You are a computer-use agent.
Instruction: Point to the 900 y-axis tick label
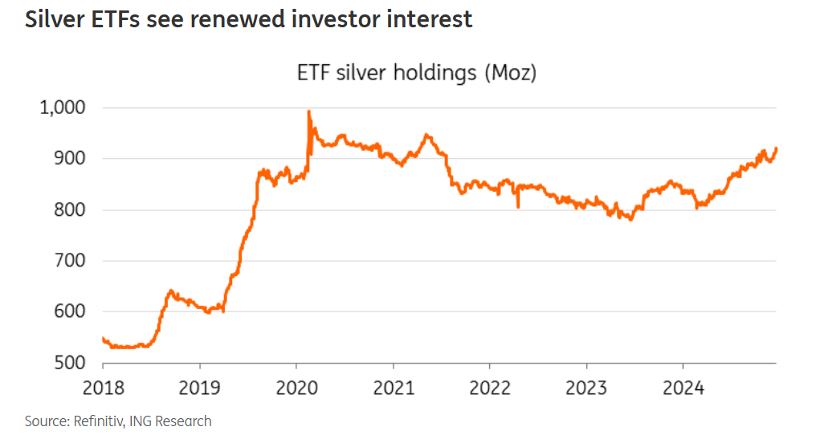(x=73, y=159)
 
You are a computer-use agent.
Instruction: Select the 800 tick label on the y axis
(x=73, y=210)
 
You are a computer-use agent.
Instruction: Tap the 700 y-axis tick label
(x=73, y=261)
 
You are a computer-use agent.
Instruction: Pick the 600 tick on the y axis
(x=73, y=312)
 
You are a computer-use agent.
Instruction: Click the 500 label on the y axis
(x=73, y=363)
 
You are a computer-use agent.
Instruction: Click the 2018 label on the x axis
(x=103, y=388)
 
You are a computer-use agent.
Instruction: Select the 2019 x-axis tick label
(x=200, y=388)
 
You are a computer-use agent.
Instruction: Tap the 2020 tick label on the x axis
(x=296, y=388)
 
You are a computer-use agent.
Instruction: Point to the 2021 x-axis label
(x=393, y=388)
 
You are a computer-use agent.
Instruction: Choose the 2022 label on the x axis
(x=490, y=388)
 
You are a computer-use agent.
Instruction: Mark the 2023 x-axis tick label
(x=586, y=388)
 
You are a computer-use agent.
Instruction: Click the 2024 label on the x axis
(x=683, y=388)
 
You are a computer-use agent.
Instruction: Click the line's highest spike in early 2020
(x=309, y=112)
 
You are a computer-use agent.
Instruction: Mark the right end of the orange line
(x=777, y=148)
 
